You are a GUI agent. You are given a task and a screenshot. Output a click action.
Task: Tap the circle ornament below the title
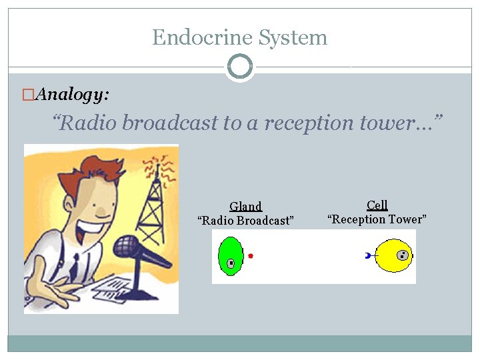(x=239, y=67)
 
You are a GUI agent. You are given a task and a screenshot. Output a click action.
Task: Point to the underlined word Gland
(x=245, y=207)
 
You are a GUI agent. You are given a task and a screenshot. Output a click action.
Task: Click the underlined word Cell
(x=377, y=205)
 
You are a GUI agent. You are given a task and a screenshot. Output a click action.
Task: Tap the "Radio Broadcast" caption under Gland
(x=245, y=221)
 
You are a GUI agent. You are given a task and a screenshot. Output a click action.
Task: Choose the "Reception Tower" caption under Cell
(x=377, y=219)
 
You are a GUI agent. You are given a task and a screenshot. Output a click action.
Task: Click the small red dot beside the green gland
(x=251, y=256)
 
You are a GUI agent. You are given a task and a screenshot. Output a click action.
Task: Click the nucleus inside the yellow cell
(x=402, y=255)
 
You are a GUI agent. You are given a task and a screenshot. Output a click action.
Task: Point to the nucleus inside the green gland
(x=231, y=263)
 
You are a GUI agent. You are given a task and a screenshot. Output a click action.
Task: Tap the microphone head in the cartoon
(x=126, y=247)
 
